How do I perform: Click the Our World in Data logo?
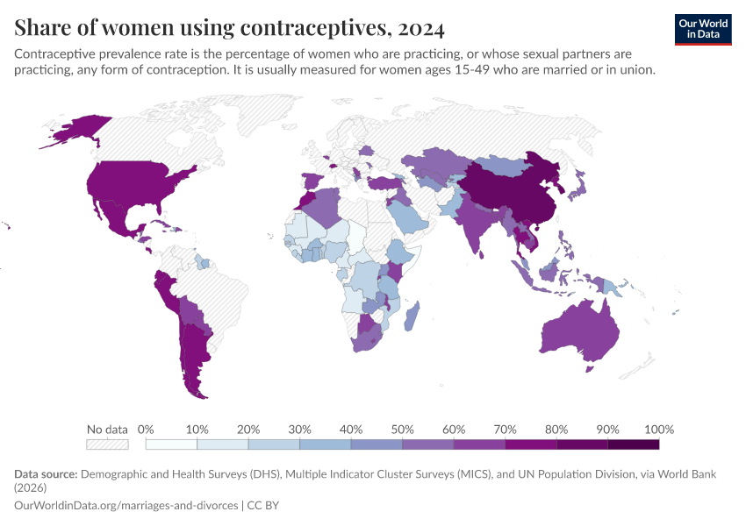(x=703, y=29)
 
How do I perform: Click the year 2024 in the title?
(x=420, y=28)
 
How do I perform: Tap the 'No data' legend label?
(x=107, y=430)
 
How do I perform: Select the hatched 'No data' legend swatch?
(x=107, y=444)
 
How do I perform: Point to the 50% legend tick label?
(x=402, y=430)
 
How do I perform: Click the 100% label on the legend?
(x=658, y=430)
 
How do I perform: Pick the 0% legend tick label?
(x=146, y=430)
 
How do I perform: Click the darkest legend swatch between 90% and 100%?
(x=633, y=444)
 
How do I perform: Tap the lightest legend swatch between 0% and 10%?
(x=171, y=444)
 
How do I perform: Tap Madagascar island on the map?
(x=413, y=315)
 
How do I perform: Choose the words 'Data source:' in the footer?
(x=46, y=474)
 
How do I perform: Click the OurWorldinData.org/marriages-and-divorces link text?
(x=126, y=506)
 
